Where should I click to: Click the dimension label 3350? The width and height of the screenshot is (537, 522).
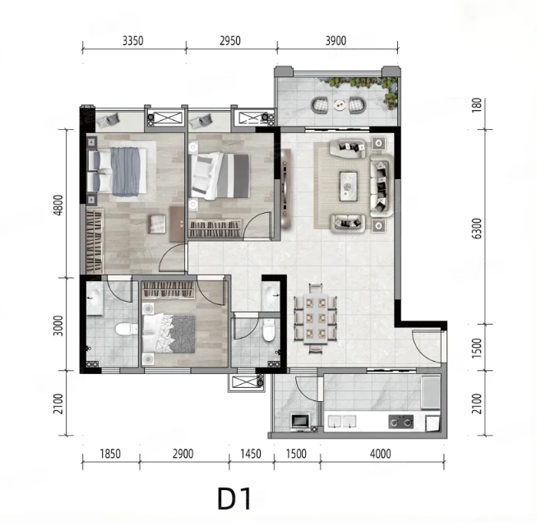click(133, 41)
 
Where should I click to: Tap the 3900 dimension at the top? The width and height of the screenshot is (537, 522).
click(336, 41)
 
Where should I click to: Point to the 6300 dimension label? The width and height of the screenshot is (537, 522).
click(477, 229)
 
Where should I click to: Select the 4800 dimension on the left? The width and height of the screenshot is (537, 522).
click(58, 205)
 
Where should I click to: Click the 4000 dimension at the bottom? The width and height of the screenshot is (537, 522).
click(381, 454)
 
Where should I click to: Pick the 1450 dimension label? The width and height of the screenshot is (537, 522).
click(251, 454)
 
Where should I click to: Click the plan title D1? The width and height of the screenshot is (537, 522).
click(234, 500)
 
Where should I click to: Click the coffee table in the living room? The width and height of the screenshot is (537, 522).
click(349, 187)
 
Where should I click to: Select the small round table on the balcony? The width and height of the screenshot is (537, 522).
click(340, 104)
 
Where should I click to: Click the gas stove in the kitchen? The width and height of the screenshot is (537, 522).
click(400, 422)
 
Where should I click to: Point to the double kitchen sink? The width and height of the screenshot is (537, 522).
click(341, 422)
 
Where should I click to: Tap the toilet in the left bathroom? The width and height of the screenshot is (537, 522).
click(125, 329)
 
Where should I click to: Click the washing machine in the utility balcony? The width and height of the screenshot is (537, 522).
click(300, 422)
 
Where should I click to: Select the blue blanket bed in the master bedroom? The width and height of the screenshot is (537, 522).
click(118, 172)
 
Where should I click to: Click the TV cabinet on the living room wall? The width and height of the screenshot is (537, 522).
click(286, 188)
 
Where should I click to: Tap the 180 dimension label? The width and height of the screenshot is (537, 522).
click(477, 105)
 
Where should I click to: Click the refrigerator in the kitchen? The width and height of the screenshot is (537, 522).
click(430, 393)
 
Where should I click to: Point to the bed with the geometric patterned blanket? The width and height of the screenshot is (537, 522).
click(169, 334)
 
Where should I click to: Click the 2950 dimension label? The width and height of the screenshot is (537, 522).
click(230, 41)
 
